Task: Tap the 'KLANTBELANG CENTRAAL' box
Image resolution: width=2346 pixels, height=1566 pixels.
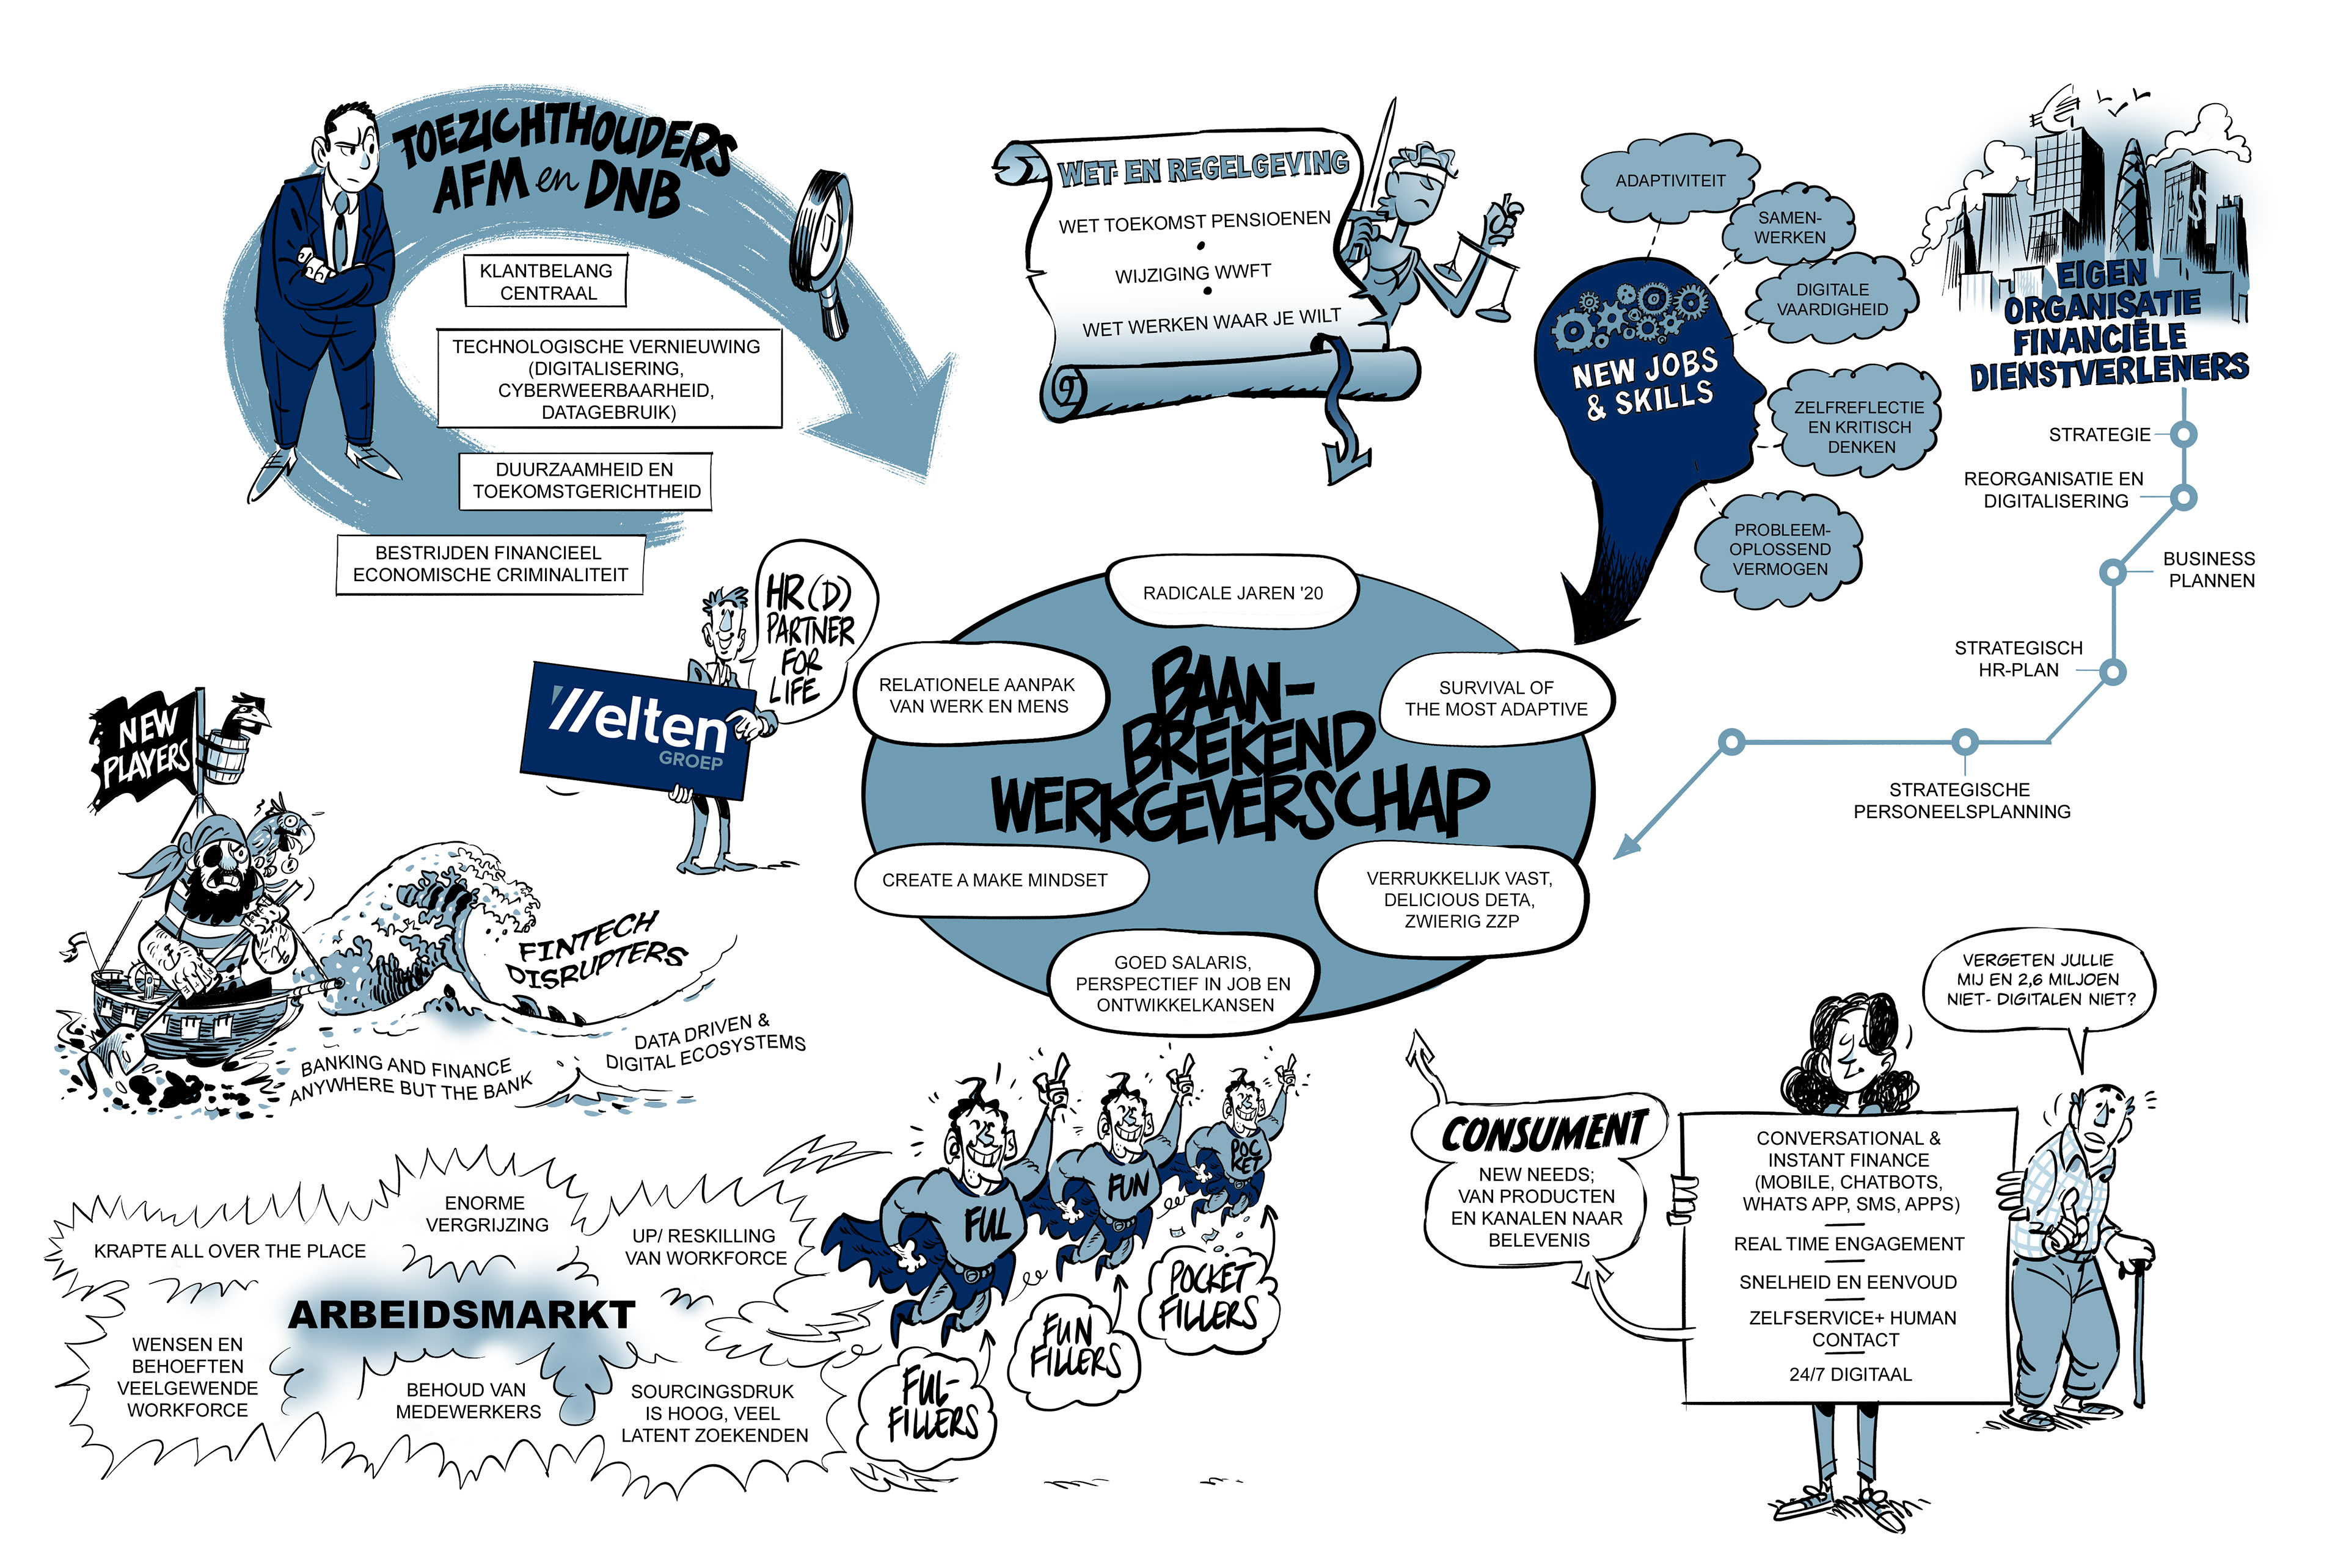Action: [546, 281]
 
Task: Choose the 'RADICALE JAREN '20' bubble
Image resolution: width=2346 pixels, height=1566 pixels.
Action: [1232, 593]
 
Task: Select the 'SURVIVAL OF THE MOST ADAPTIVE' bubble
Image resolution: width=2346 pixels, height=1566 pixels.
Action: [1496, 698]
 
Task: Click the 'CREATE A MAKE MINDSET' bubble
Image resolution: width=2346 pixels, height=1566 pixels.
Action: [995, 880]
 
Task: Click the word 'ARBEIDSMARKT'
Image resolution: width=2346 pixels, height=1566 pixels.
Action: [462, 1314]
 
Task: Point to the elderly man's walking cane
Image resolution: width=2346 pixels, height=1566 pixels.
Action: [2137, 1338]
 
